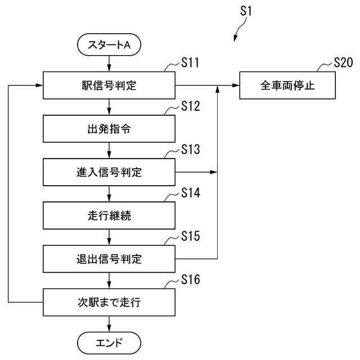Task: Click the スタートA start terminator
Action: [x=109, y=44]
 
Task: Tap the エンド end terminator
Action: [x=109, y=343]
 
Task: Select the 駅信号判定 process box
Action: [x=109, y=85]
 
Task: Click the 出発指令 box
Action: [x=109, y=129]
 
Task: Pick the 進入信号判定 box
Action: [x=109, y=172]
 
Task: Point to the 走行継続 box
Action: [x=109, y=215]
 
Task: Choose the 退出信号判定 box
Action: [x=109, y=259]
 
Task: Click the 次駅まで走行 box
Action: [x=109, y=303]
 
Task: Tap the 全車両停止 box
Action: [x=287, y=85]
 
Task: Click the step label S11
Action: [x=190, y=62]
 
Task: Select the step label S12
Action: [x=191, y=106]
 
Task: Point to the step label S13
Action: [x=191, y=149]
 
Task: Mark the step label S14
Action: [x=191, y=192]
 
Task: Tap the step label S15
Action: [x=191, y=236]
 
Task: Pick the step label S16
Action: [x=191, y=280]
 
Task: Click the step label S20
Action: [x=343, y=62]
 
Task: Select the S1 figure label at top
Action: [x=246, y=11]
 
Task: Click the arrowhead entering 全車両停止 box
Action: [x=236, y=85]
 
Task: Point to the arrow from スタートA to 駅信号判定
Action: [x=109, y=64]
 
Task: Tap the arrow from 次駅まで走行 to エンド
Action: [x=109, y=324]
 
